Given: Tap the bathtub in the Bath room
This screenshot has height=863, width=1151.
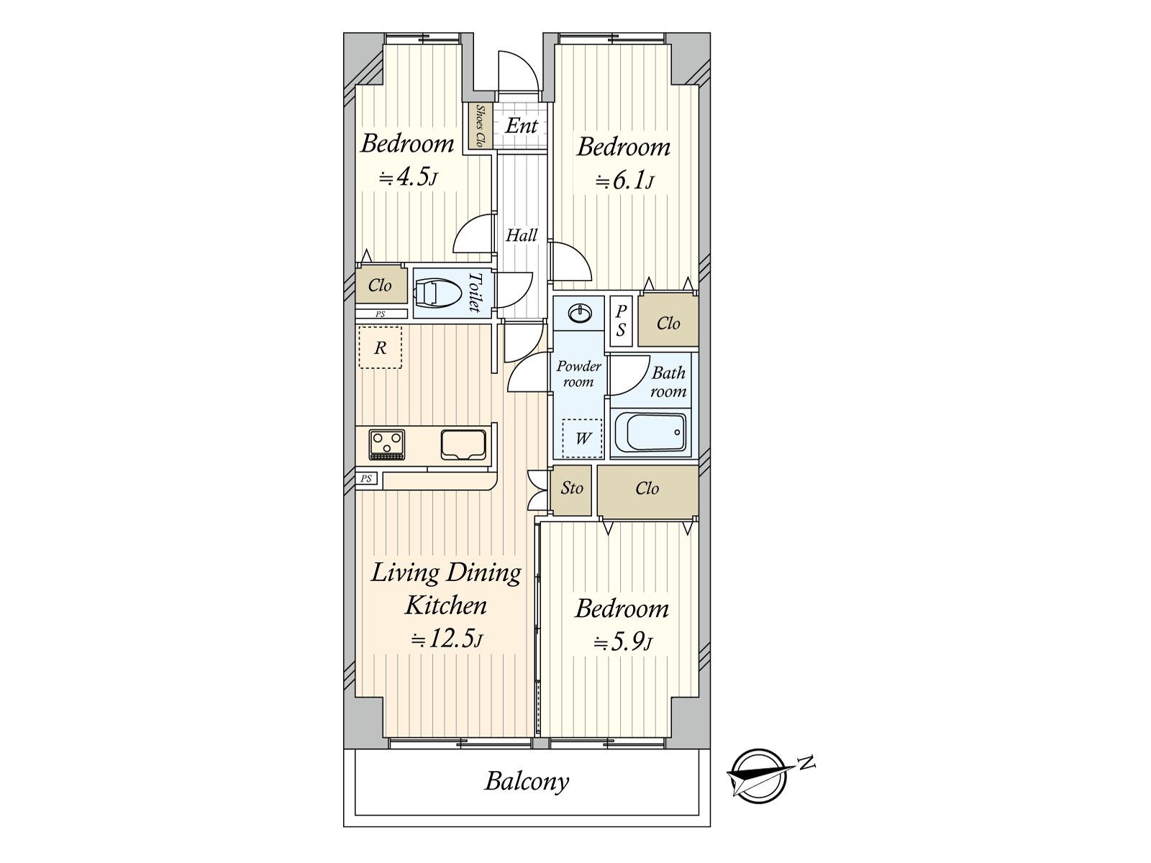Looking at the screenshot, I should point(650,433).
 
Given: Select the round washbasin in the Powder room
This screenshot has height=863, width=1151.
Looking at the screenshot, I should point(579,314).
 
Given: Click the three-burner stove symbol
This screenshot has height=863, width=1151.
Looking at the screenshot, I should point(387,444).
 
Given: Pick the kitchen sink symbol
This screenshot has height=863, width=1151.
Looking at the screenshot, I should point(463,444).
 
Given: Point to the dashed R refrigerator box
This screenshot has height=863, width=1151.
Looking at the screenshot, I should point(380,348).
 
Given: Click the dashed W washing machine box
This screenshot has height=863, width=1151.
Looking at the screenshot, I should point(582,438).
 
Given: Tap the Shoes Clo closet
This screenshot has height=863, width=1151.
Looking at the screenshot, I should point(479,127).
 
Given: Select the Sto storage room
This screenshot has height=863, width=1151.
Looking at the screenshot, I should point(572,489).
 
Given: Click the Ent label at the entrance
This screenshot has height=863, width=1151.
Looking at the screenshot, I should point(522,126).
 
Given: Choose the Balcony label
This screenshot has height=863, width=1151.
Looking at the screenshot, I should point(527,781).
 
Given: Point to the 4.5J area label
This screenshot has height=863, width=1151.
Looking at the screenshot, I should point(409,177).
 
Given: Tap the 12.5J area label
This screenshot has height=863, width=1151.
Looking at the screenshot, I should point(446,639).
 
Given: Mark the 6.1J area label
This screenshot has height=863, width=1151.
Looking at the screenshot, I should point(624,181).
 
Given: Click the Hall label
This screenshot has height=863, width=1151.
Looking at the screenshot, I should point(522,235).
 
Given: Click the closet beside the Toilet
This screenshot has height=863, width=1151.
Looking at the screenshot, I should point(380,286).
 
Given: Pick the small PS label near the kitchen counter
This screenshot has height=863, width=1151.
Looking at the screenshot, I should point(366,479).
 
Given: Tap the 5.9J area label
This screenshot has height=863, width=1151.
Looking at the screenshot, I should point(623,641).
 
